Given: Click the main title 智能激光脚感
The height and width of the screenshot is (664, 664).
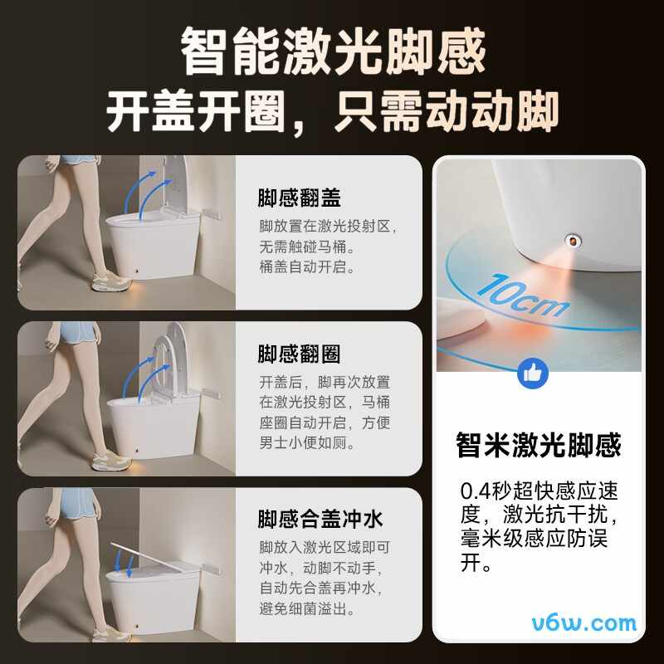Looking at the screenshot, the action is (333, 51).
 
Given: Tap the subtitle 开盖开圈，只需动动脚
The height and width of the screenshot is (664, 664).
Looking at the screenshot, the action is (333, 111).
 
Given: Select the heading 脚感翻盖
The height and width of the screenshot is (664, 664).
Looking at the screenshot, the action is (299, 198).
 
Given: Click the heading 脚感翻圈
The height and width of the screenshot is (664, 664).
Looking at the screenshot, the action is (299, 354).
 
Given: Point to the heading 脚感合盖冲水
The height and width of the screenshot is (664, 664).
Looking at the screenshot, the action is (320, 520).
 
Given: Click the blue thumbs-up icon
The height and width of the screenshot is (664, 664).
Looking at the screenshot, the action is (532, 373).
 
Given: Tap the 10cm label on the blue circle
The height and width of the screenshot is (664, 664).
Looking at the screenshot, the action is (522, 295).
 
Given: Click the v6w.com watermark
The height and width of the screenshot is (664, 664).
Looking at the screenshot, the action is (584, 623).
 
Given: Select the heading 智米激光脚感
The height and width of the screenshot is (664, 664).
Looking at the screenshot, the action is (538, 445).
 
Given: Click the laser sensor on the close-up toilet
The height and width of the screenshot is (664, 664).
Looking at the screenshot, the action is (573, 242).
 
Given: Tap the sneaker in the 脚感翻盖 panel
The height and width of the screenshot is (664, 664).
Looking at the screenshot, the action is (111, 281).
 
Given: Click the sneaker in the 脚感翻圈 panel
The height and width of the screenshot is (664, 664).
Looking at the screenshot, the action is (111, 461).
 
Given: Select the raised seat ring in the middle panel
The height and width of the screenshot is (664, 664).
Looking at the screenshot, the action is (161, 364).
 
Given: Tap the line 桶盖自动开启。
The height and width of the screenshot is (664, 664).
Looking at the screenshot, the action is (306, 267).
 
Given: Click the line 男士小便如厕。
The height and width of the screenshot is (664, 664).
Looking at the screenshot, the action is (306, 443).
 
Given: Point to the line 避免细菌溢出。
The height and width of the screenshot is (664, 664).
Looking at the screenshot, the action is (306, 608).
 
